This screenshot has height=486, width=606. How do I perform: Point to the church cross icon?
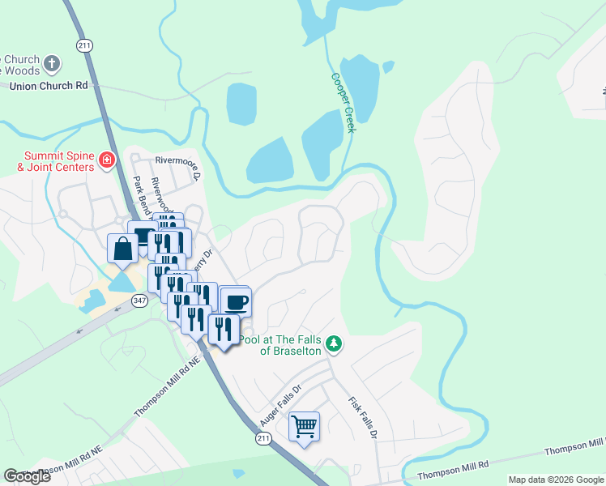pyautogui.click(x=51, y=62)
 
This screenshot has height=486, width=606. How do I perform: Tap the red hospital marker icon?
pyautogui.click(x=105, y=161)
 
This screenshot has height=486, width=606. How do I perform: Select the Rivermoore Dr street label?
pyautogui.click(x=177, y=168)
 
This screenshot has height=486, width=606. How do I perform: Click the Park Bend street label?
pyautogui.click(x=143, y=195)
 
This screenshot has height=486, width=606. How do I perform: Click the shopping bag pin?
pyautogui.click(x=122, y=248)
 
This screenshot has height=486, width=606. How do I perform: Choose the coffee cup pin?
pyautogui.click(x=236, y=302)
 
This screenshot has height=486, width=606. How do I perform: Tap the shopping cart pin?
pyautogui.click(x=304, y=426)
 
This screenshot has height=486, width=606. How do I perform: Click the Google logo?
pyautogui.click(x=27, y=476)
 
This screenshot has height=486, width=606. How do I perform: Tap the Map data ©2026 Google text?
pyautogui.click(x=556, y=480)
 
